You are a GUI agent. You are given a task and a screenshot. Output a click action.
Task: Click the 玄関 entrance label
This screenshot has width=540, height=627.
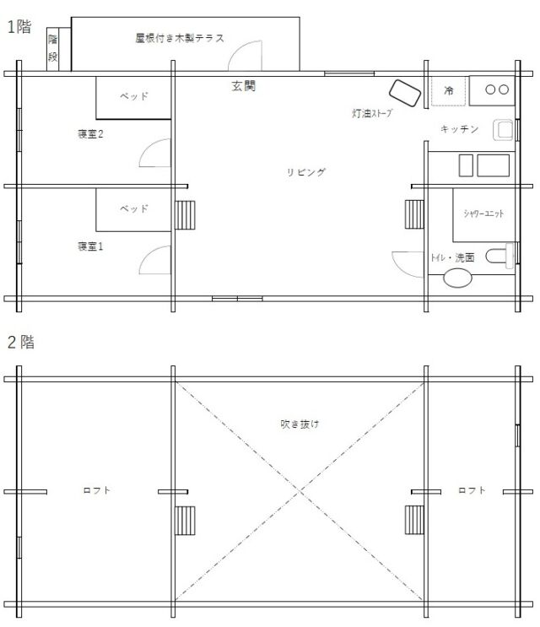tap(243, 85)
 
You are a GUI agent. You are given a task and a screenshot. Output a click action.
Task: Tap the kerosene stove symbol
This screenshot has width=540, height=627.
tap(405, 93)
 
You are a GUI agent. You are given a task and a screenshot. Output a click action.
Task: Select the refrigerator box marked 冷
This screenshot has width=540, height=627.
tap(449, 91)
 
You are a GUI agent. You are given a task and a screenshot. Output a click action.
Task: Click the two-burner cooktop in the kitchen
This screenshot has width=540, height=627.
tap(492, 90)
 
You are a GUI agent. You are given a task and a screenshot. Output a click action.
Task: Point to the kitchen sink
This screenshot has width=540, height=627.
tap(503, 130)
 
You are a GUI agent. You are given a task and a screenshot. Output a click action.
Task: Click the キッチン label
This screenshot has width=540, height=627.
tap(459, 129)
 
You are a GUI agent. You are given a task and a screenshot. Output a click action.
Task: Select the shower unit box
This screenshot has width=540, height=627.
tap(483, 215)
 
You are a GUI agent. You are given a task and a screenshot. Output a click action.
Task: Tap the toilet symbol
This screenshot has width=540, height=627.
tap(499, 256)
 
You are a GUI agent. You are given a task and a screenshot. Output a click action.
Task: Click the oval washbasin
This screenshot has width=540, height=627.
tap(457, 278)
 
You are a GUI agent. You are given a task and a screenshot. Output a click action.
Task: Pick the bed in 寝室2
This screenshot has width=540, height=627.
tap(133, 98)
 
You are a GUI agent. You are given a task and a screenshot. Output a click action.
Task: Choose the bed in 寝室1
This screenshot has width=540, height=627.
tap(133, 209)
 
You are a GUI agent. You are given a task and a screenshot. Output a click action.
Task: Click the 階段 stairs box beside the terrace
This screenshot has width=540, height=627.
tap(53, 49)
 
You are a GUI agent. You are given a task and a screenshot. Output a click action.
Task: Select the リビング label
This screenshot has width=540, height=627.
tap(306, 172)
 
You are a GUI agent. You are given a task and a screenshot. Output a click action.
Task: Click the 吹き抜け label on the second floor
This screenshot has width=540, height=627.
tap(300, 424)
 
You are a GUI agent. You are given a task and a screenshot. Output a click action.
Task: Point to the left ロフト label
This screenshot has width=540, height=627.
tap(96, 490)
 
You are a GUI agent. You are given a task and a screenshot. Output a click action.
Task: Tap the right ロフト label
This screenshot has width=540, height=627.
tap(472, 490)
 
